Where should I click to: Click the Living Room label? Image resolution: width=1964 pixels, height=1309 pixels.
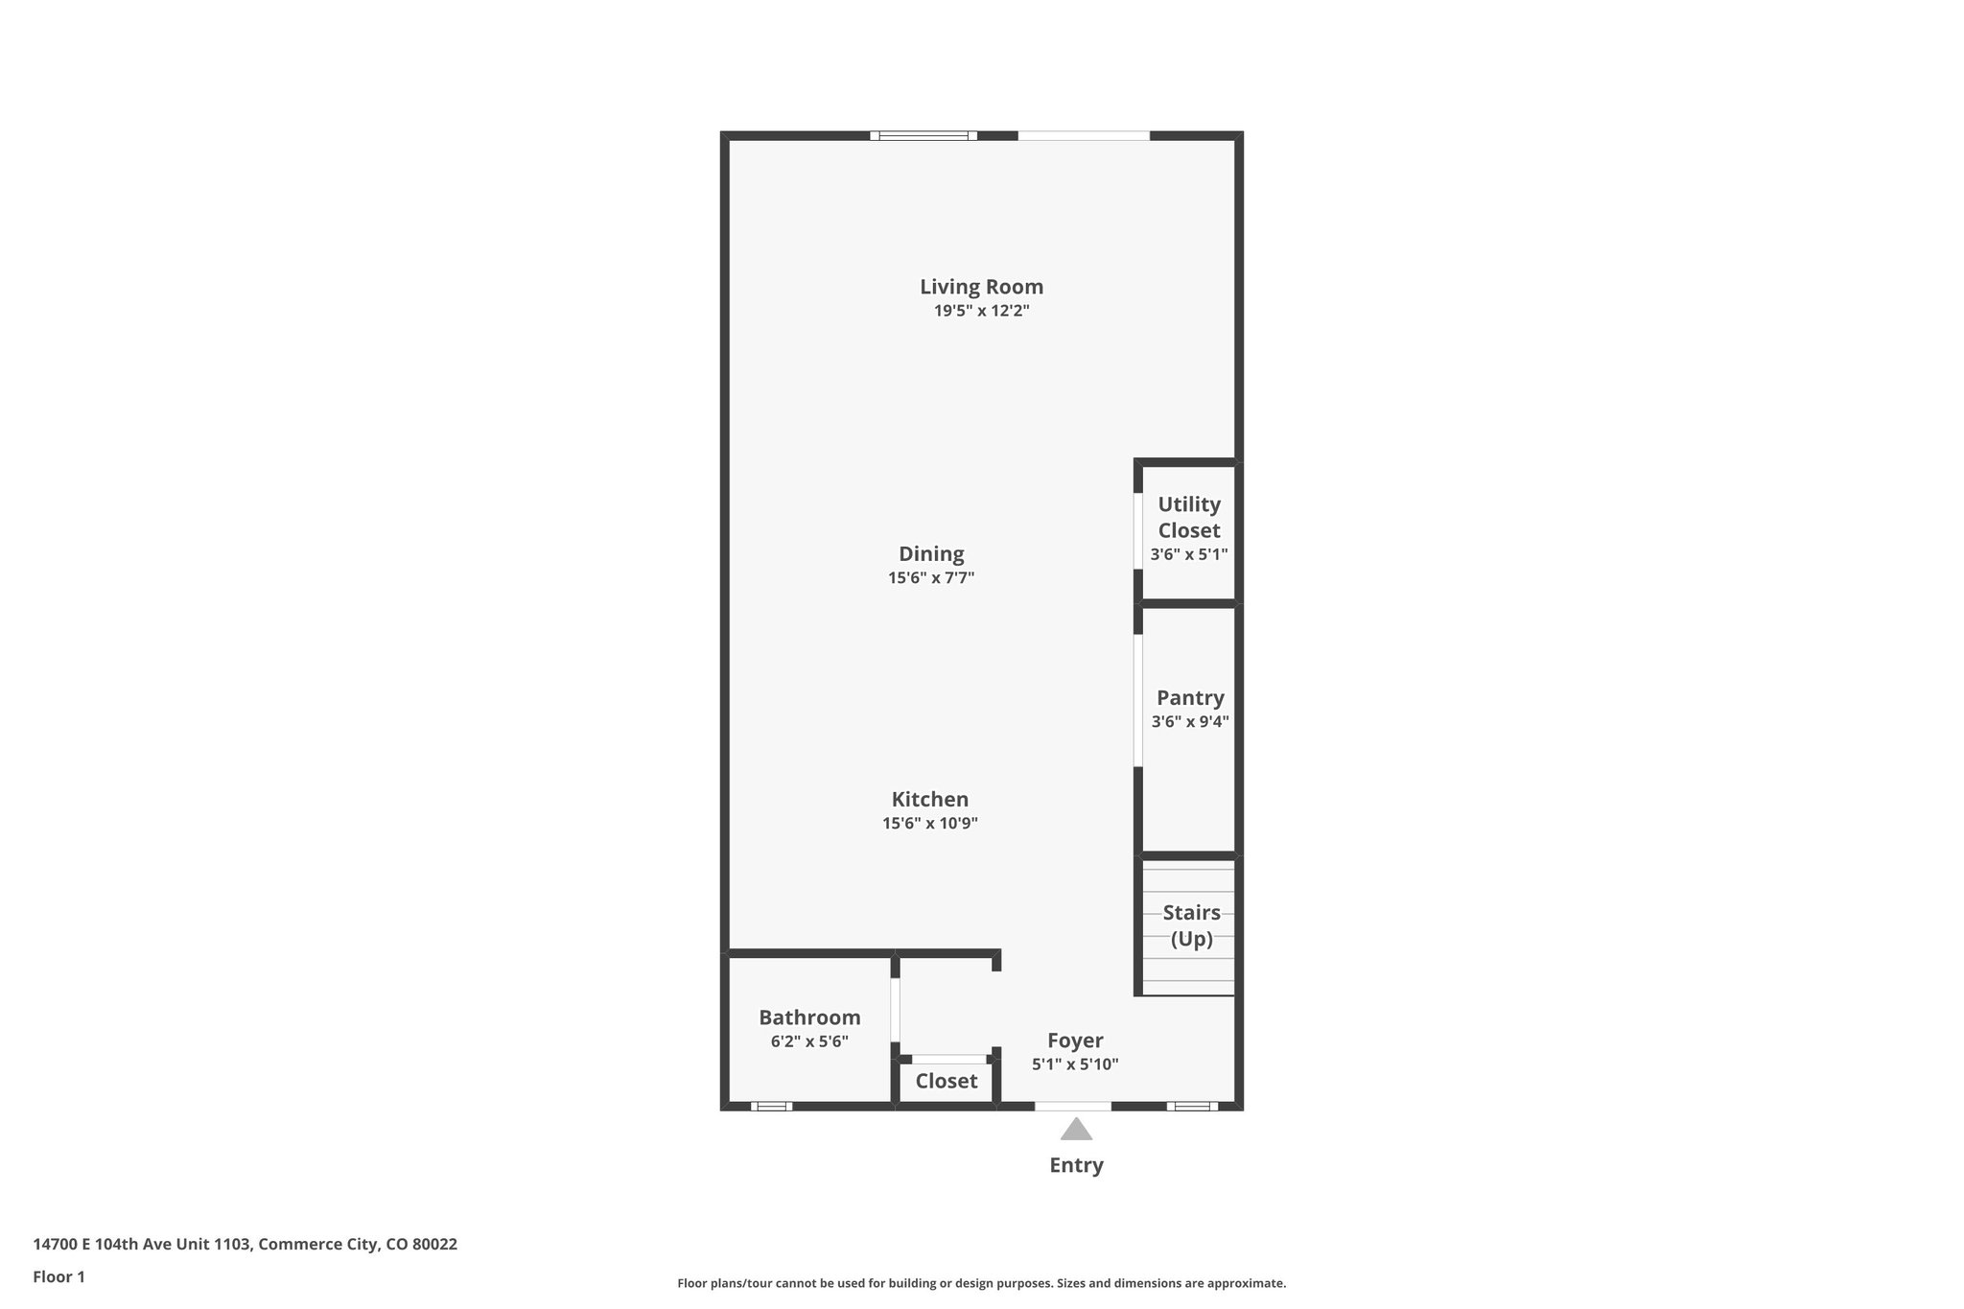(x=981, y=287)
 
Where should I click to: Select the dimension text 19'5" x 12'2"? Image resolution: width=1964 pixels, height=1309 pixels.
(x=981, y=311)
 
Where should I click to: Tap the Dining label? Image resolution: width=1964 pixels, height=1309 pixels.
(x=930, y=553)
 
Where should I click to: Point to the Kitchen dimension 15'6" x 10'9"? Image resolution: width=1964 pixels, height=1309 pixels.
(x=929, y=823)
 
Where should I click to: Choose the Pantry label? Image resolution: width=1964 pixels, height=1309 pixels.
(x=1190, y=697)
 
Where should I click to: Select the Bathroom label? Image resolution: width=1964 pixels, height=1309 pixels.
(x=809, y=1017)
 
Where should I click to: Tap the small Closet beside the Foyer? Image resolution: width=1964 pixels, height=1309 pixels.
(x=946, y=1082)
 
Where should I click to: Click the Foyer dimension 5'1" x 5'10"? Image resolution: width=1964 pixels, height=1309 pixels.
(x=1075, y=1064)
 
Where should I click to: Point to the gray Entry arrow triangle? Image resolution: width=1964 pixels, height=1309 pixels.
(x=1076, y=1130)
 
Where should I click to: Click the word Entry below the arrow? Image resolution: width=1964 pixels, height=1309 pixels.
(x=1076, y=1165)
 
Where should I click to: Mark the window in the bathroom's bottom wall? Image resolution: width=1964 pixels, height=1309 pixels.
(x=771, y=1107)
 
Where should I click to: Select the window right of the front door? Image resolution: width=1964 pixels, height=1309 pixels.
(x=1192, y=1107)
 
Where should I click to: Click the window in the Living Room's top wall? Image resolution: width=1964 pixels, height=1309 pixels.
(x=924, y=136)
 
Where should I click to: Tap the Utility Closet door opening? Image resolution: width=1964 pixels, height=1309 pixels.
(x=1138, y=531)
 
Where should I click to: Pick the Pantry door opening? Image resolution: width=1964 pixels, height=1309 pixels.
(x=1138, y=700)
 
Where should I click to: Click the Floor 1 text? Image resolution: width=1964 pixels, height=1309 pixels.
(x=58, y=1276)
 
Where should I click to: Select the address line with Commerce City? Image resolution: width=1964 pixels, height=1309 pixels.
(x=245, y=1244)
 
